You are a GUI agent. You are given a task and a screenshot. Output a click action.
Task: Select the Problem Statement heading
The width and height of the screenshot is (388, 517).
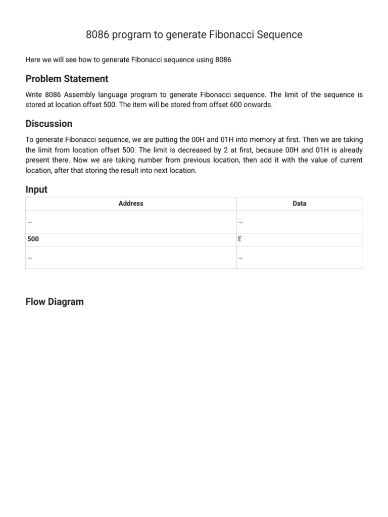67,79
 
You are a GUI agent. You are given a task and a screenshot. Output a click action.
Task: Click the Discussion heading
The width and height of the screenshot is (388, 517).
49,124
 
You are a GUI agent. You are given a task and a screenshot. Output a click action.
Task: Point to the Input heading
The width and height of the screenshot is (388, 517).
36,189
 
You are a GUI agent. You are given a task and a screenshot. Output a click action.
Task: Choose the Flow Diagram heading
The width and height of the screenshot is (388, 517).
55,302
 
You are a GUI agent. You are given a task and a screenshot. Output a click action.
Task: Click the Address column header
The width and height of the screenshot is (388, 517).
131,203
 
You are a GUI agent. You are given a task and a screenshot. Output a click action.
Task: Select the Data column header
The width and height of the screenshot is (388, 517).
299,203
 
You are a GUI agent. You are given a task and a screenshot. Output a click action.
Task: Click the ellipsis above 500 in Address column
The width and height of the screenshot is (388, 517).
30,222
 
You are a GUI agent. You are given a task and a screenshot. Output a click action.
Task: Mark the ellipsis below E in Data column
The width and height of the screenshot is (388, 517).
240,257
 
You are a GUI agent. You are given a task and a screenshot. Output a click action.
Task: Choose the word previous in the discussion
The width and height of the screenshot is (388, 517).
223,160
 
